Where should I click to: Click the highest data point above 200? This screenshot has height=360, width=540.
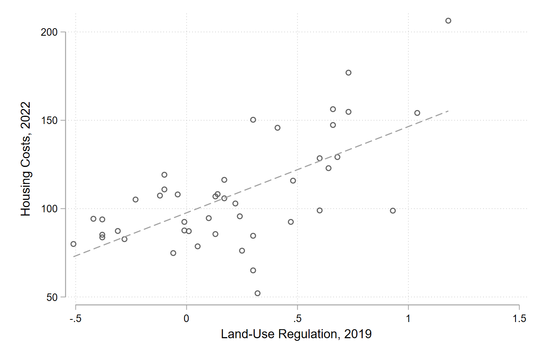(448, 21)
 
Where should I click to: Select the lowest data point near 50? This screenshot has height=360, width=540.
(257, 293)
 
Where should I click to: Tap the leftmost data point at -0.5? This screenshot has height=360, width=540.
(73, 244)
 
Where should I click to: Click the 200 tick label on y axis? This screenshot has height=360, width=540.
(49, 32)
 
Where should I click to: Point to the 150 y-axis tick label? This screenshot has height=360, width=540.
(49, 121)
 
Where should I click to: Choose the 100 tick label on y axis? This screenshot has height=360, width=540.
(49, 209)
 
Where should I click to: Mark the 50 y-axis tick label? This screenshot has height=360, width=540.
(52, 297)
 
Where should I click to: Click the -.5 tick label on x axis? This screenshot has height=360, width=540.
(75, 319)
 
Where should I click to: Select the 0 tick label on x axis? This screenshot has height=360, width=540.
(186, 319)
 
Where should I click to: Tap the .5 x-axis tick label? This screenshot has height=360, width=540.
(297, 319)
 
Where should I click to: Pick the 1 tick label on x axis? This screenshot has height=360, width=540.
(408, 319)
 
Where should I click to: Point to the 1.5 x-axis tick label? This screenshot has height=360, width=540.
(519, 319)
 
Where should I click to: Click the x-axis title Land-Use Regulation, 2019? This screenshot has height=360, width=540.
(296, 334)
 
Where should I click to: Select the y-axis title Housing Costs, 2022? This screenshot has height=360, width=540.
(26, 159)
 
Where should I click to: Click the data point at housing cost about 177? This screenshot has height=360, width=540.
(348, 73)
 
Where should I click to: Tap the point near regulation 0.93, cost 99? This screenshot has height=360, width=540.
(393, 210)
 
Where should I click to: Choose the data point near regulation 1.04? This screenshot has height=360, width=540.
(417, 113)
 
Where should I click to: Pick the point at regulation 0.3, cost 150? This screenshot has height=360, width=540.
(253, 120)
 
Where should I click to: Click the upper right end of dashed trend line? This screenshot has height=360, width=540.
(448, 111)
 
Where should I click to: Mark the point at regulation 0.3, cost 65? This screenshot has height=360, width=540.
(253, 271)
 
